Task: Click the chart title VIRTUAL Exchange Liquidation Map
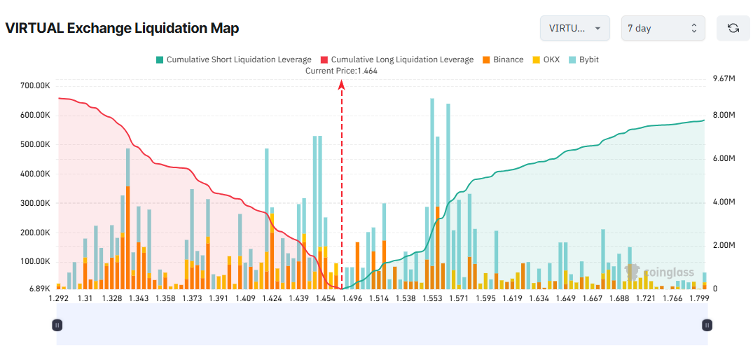(122, 29)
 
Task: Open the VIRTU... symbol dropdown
(574, 28)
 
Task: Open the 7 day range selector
(663, 28)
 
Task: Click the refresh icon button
(733, 28)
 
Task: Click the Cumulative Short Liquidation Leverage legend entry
(235, 60)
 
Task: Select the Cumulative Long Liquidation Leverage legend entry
(396, 60)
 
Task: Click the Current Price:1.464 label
(342, 71)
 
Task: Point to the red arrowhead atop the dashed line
(342, 85)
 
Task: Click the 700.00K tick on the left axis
(35, 85)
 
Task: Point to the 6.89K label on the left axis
(39, 289)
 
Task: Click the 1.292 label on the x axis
(58, 298)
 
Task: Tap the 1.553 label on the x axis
(432, 298)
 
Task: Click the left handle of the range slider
(57, 325)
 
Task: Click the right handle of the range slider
(707, 325)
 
